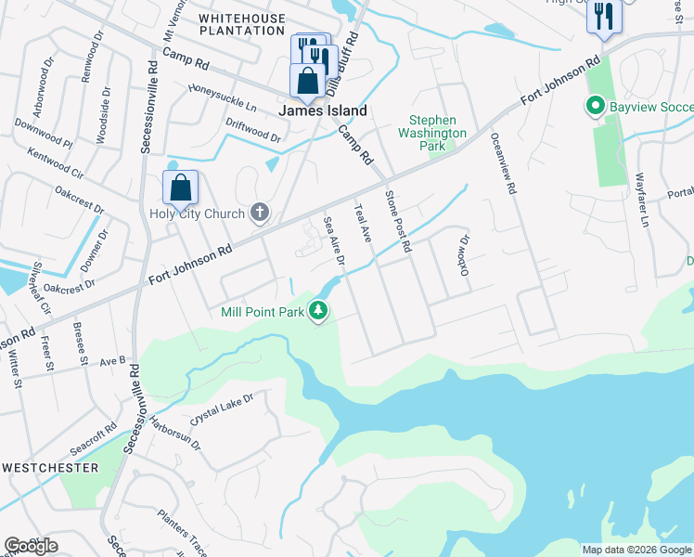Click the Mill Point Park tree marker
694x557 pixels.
click(319, 311)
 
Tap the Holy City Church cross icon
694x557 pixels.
click(260, 214)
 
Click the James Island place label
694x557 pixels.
click(323, 110)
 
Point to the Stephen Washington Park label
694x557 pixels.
click(431, 133)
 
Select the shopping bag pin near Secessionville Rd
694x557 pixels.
click(180, 188)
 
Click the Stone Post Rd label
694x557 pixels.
click(397, 220)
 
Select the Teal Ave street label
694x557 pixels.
click(362, 223)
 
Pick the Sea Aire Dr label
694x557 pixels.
click(333, 240)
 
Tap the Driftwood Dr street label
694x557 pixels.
click(252, 129)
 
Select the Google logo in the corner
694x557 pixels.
click(31, 546)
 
